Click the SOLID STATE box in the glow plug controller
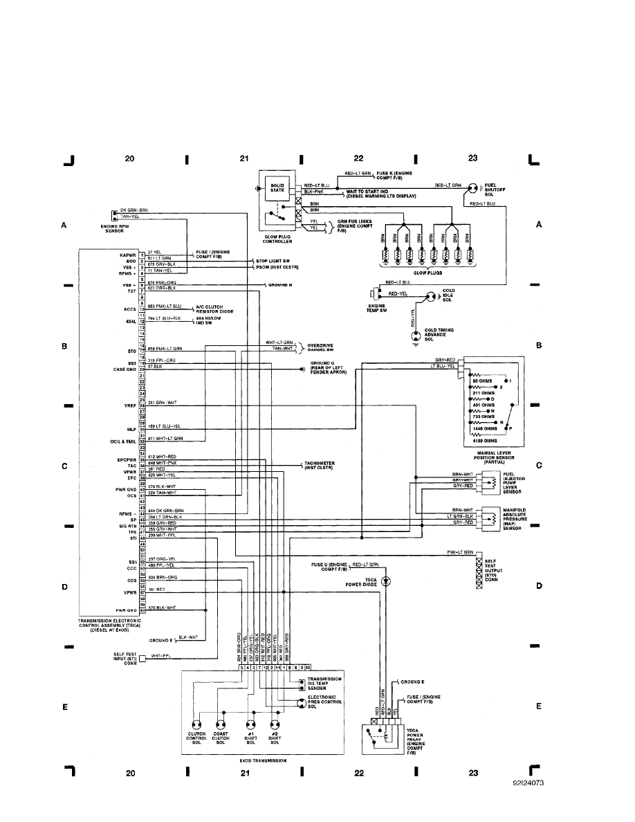click(277, 189)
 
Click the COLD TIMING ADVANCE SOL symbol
click(416, 336)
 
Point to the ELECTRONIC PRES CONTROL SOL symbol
click(301, 703)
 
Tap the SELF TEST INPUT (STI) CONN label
click(118, 658)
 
